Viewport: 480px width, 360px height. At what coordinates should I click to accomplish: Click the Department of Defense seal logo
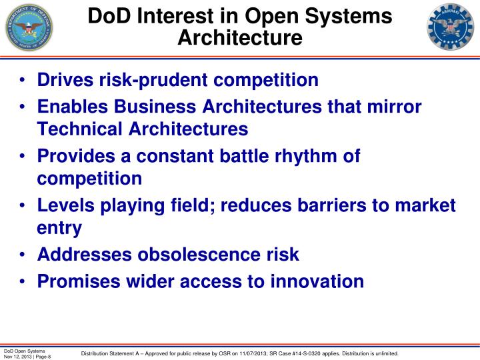(28, 28)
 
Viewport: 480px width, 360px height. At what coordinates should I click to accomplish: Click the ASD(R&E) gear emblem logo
(451, 28)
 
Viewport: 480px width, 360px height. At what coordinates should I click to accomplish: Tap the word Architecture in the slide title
(239, 37)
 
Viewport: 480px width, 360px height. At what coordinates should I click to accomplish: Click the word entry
(59, 228)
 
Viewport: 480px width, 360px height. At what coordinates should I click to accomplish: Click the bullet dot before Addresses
(23, 255)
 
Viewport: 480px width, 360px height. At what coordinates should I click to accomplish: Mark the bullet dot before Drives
(23, 81)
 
